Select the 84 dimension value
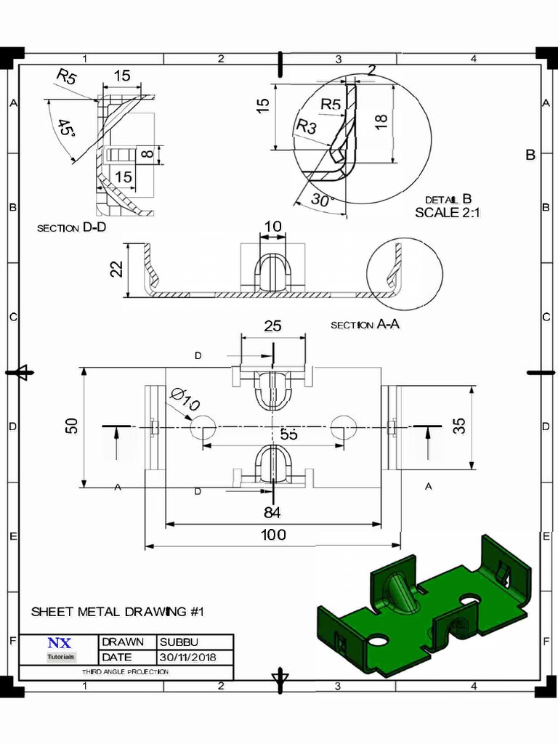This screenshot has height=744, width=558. (272, 513)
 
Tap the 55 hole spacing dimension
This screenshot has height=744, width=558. (288, 434)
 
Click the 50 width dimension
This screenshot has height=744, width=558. (72, 426)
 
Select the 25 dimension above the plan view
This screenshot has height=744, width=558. (272, 326)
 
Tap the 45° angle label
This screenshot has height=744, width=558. (68, 131)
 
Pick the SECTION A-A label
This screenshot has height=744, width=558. (365, 325)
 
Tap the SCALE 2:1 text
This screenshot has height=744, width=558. (448, 213)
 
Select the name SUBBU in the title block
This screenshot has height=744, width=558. (178, 642)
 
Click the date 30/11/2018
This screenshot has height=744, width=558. (187, 658)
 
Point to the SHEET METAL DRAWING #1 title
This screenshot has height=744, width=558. (117, 612)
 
